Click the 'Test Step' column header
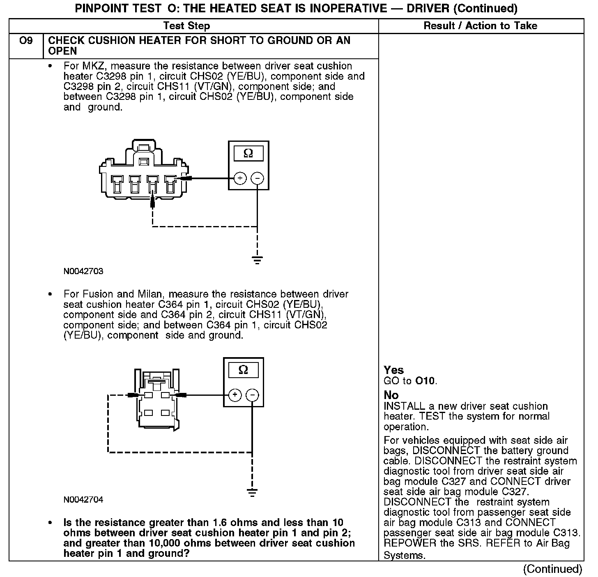(186, 26)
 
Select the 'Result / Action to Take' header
(480, 26)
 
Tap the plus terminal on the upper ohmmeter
(240, 178)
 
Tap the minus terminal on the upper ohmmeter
(258, 178)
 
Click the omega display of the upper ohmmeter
(248, 153)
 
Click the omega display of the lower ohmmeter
(243, 370)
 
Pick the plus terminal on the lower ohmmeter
(235, 395)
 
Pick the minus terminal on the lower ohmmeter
(252, 395)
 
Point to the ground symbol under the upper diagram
(257, 260)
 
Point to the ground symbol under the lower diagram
(252, 492)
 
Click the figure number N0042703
(83, 272)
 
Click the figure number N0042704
(83, 500)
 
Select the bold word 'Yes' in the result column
(393, 370)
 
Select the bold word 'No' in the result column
(391, 395)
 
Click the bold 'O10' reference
(425, 381)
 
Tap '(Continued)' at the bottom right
(552, 569)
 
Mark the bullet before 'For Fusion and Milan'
(51, 294)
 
